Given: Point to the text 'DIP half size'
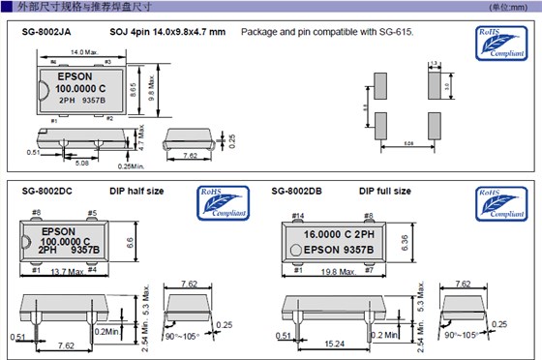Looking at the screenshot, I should [135, 192].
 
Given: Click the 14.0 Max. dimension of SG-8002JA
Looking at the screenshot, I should [81, 52].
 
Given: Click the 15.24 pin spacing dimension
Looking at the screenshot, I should [334, 345].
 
